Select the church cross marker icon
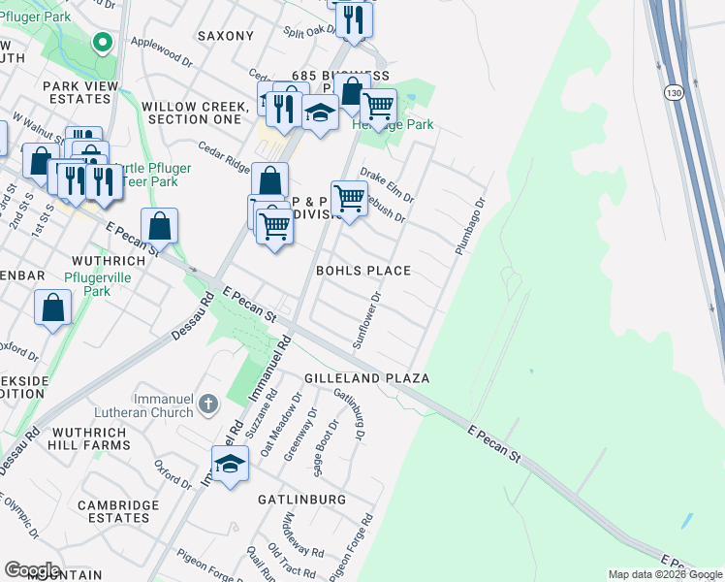coord(207,403)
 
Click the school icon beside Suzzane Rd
coord(230,466)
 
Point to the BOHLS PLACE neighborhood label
coord(363,271)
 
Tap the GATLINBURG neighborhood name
coord(301,499)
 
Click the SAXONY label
coord(225,36)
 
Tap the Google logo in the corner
coord(32,569)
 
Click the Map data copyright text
coord(665,574)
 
